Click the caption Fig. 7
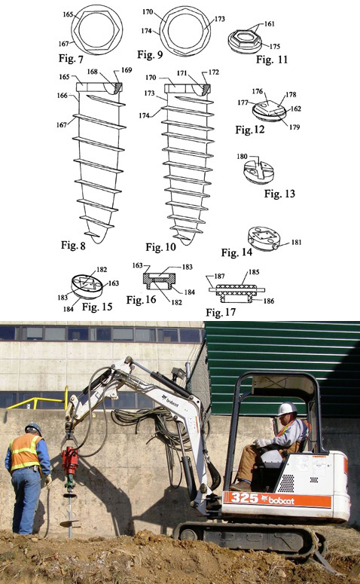(71, 59)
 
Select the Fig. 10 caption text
(160, 247)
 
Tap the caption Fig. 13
(279, 194)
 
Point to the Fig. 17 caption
(221, 312)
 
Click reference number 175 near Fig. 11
(275, 47)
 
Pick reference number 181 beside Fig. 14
(296, 243)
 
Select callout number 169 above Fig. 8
(127, 70)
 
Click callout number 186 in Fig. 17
(269, 301)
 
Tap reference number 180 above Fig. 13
(242, 157)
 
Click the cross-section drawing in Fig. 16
(159, 282)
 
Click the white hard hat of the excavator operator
(287, 408)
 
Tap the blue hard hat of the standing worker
(33, 428)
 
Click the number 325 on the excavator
(244, 497)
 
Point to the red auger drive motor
(70, 462)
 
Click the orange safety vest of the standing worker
(25, 452)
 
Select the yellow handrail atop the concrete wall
(38, 400)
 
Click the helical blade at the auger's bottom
(69, 523)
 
